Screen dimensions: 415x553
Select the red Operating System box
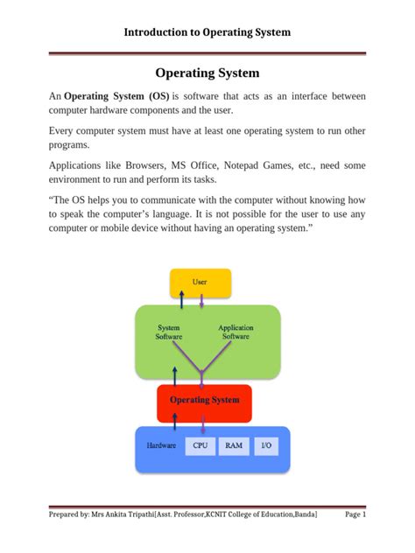(204, 400)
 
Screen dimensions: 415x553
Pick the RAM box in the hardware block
(233, 445)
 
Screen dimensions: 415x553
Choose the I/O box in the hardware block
(267, 445)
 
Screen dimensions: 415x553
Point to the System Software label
(170, 332)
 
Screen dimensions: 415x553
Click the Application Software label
(236, 332)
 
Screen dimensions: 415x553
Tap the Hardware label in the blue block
(161, 445)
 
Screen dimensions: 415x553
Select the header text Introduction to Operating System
(207, 32)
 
